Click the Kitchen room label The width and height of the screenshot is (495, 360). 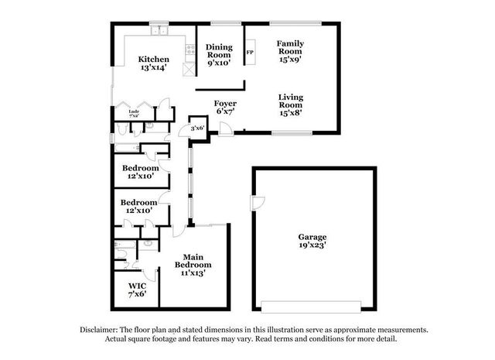coord(154,59)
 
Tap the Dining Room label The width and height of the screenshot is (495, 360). coord(219,51)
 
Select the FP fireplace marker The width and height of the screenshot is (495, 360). coord(249,53)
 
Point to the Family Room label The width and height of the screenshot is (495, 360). coord(291,48)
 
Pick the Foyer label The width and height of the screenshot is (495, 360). coord(225,103)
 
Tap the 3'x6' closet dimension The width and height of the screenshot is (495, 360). coord(198,128)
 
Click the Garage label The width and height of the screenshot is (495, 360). coord(313,237)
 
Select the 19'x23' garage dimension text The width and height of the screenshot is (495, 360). coord(313,246)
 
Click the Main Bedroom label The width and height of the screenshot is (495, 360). coord(193,261)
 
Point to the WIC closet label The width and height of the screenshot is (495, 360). coord(137,286)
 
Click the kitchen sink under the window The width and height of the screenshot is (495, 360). coord(159,31)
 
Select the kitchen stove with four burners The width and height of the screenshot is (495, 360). coord(189,52)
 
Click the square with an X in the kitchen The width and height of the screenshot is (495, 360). coord(188,68)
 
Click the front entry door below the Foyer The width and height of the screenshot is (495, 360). coord(224,128)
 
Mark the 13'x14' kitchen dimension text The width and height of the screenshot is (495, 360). coord(154,68)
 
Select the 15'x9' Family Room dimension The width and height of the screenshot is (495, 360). coord(291,57)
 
